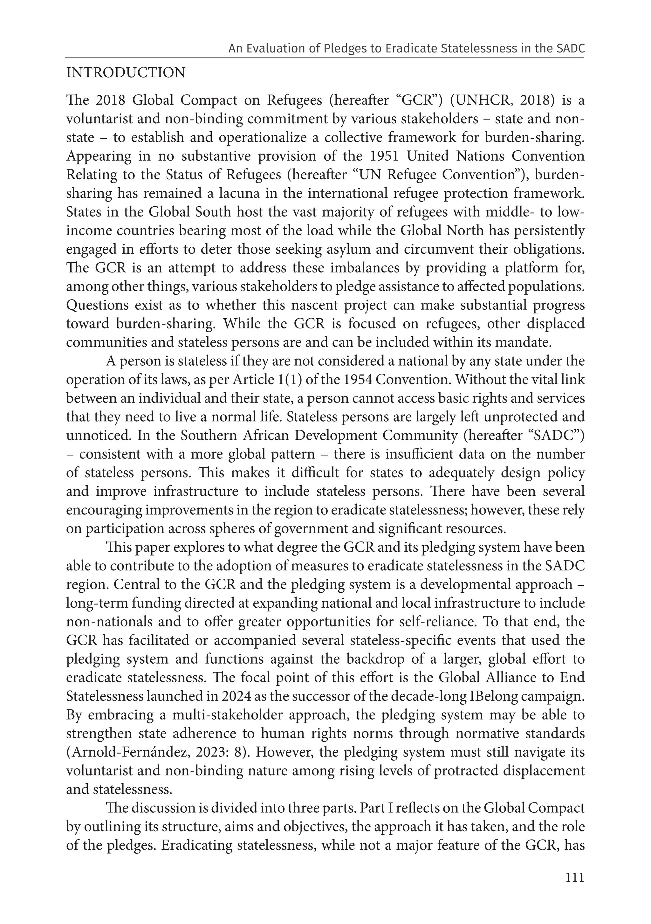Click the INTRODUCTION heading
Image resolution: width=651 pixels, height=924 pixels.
tap(126, 73)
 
